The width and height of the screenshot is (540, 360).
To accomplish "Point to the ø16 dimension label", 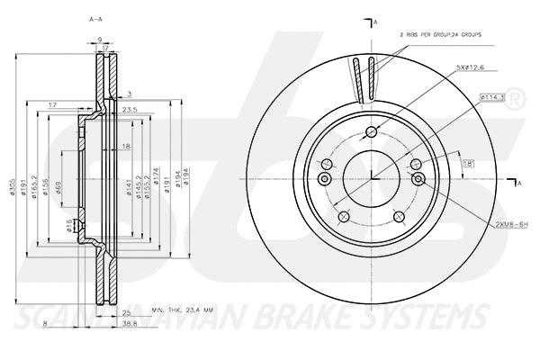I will click(69, 225).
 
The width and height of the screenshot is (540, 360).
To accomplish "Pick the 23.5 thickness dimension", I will click(130, 110).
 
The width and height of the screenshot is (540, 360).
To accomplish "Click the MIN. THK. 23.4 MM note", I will click(185, 309).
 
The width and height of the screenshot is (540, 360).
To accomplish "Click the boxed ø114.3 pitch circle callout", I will click(492, 96).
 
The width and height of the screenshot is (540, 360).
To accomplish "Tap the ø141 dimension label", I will click(128, 186).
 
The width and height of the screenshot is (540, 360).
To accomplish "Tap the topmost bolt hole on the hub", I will click(371, 132).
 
